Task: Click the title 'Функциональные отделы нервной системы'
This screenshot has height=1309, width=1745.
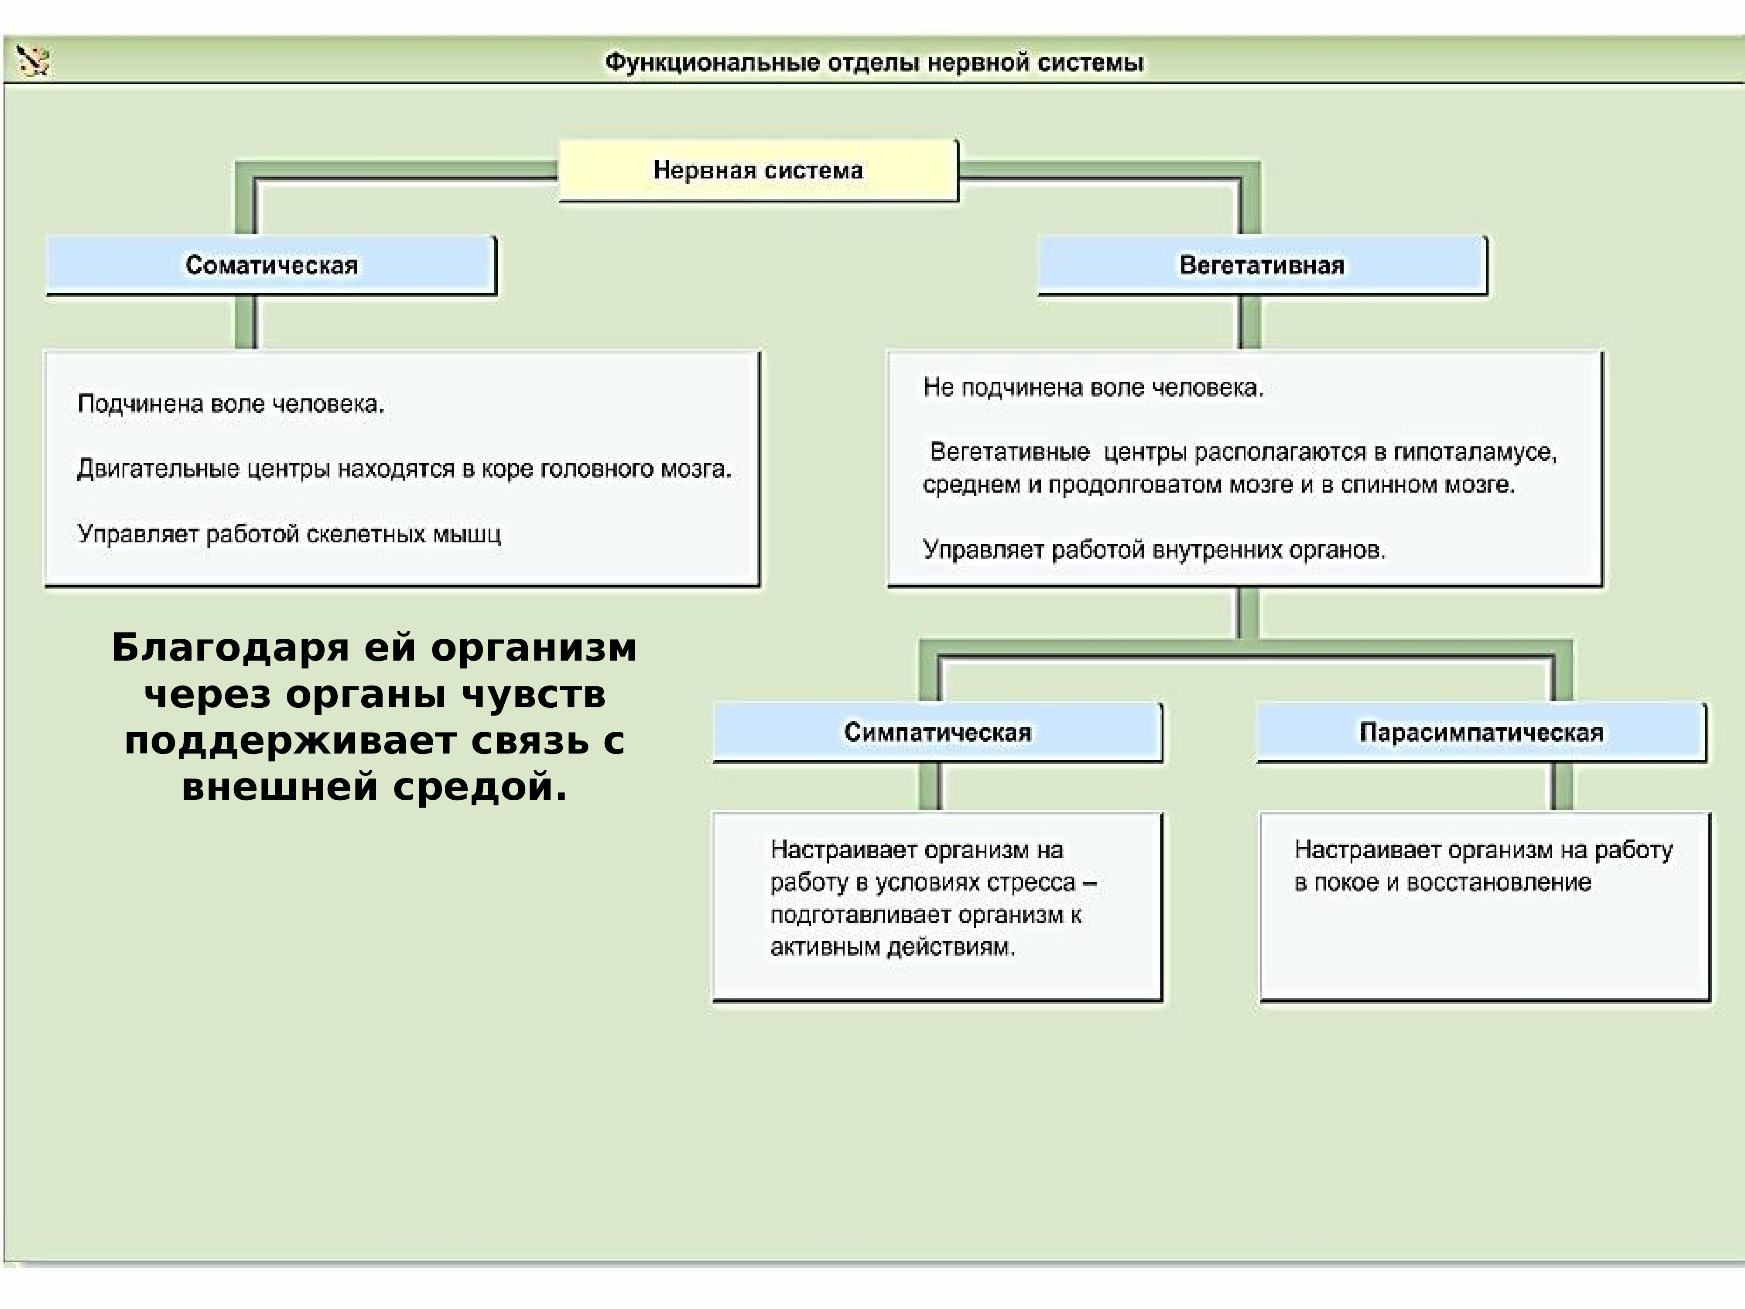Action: click(x=874, y=62)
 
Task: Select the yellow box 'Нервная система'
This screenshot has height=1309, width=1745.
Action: click(x=758, y=171)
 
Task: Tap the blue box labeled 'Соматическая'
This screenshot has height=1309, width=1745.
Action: click(x=271, y=265)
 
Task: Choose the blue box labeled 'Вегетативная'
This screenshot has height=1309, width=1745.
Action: click(x=1262, y=265)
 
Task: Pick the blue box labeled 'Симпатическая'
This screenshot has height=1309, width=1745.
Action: click(x=937, y=732)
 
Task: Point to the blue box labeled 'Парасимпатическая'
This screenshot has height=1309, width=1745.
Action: click(x=1482, y=732)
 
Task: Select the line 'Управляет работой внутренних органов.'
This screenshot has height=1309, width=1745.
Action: click(x=1154, y=550)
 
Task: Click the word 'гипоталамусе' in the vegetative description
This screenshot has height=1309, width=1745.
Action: click(x=1475, y=453)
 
